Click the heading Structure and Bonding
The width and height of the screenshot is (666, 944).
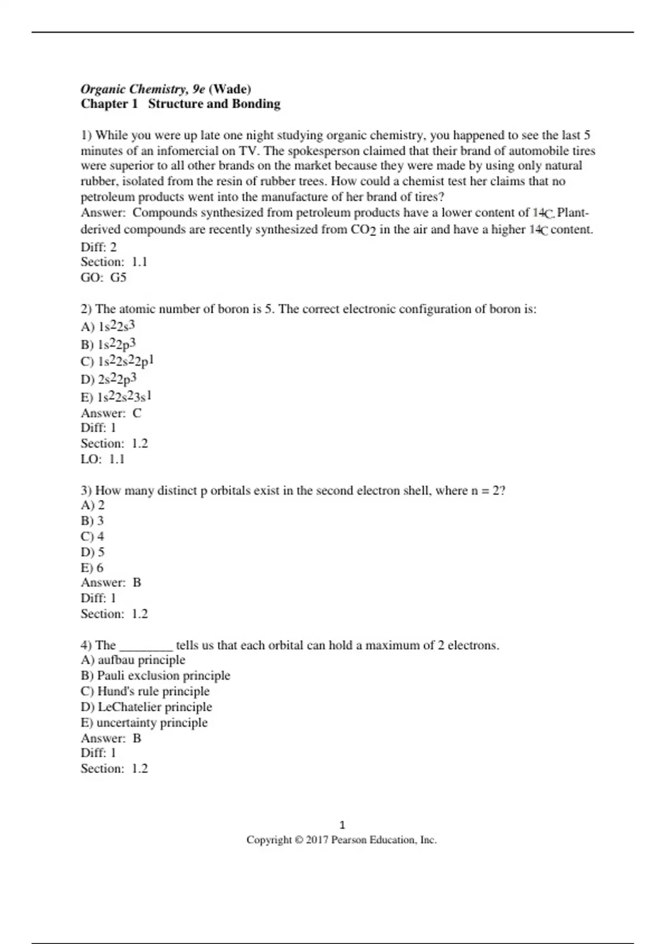click(214, 104)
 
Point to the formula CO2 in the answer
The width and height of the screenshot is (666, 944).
click(364, 229)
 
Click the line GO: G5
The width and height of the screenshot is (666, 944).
click(104, 277)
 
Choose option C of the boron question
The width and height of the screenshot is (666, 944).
click(117, 361)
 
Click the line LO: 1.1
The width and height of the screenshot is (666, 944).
click(103, 459)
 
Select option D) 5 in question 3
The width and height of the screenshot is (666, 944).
click(93, 552)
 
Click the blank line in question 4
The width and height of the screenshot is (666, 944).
click(146, 646)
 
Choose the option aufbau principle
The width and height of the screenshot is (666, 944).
click(141, 660)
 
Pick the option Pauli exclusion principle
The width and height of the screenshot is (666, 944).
click(163, 675)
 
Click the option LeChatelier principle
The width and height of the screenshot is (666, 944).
click(154, 707)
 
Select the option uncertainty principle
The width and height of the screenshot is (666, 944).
click(152, 722)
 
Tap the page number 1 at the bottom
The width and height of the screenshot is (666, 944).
click(342, 825)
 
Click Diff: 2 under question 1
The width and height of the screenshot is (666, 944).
click(99, 247)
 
